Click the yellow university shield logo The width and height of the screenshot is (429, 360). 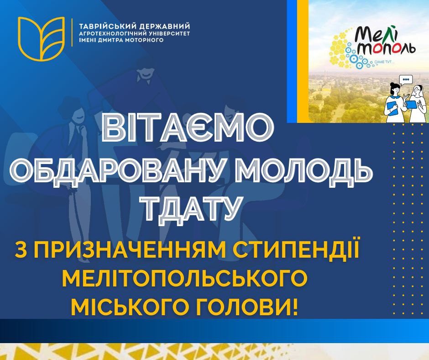pyautogui.click(x=41, y=38)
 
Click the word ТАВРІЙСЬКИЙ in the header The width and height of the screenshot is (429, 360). pyautogui.click(x=108, y=26)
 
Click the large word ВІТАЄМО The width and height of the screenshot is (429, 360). pyautogui.click(x=189, y=129)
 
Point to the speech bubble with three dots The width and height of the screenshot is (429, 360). pyautogui.click(x=406, y=80)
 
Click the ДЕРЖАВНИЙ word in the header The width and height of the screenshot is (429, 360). pyautogui.click(x=165, y=26)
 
